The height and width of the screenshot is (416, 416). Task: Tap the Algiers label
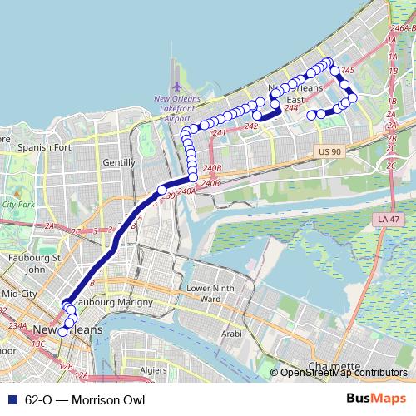click(x=154, y=369)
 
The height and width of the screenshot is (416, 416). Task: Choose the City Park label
click(x=16, y=203)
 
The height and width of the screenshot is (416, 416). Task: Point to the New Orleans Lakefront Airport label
click(x=179, y=107)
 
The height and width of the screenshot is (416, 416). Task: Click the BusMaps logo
click(x=376, y=399)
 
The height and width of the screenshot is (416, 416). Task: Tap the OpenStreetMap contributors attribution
click(x=344, y=373)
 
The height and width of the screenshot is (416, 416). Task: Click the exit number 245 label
click(x=348, y=72)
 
